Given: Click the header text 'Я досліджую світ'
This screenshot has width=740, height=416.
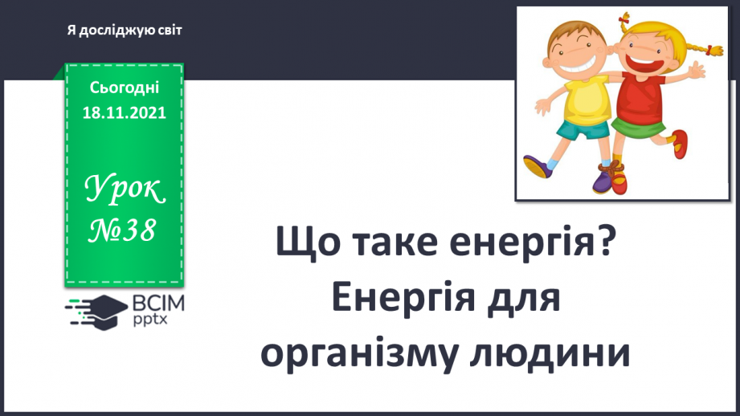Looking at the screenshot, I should tap(125, 30).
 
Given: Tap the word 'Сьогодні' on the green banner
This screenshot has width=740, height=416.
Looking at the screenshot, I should tap(124, 88).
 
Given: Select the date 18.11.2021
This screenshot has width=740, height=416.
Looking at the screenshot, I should tap(124, 113).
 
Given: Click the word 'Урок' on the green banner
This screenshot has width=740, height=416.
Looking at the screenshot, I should tap(125, 190).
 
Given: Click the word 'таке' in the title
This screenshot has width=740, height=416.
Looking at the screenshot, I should tap(387, 242).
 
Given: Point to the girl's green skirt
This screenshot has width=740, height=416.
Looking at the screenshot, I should tap(639, 128).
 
